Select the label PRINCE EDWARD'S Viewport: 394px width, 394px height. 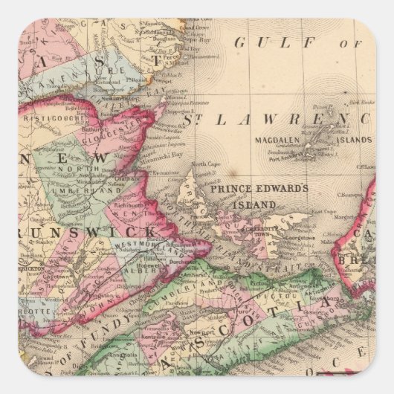click(259, 190)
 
